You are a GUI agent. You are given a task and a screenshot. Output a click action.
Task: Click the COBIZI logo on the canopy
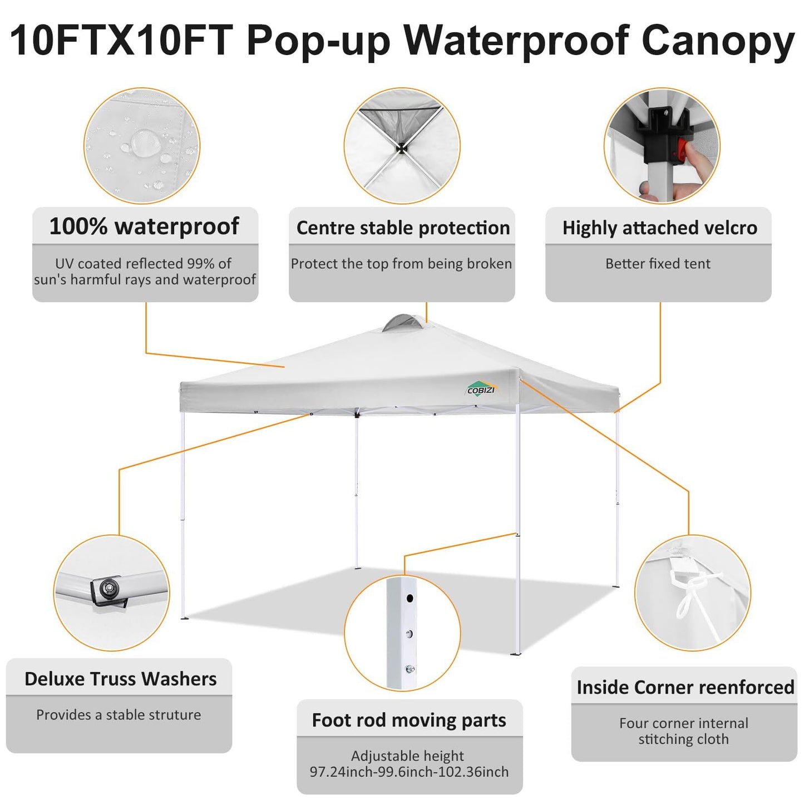click(481, 389)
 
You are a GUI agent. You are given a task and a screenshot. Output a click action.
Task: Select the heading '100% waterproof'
click(144, 226)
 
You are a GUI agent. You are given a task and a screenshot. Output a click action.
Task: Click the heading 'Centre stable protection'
click(403, 228)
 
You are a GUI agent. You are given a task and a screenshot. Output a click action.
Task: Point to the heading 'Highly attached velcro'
click(659, 228)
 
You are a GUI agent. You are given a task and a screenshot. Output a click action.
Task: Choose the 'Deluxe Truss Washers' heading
click(120, 679)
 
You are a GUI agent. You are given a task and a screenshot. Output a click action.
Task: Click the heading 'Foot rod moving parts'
click(409, 720)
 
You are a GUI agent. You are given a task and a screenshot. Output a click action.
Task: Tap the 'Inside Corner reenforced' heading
click(685, 687)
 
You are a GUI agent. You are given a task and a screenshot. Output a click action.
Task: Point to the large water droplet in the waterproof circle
click(145, 142)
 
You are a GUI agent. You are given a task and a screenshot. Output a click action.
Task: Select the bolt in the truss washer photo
click(108, 587)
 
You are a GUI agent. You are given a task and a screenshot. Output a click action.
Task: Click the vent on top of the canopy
click(399, 323)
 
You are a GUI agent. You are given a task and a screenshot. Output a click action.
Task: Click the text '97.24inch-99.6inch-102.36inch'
click(409, 772)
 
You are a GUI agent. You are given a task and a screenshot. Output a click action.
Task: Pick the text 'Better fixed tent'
click(658, 264)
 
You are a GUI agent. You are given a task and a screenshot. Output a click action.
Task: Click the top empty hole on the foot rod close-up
click(410, 599)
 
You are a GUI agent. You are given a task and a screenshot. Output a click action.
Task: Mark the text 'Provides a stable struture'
click(119, 714)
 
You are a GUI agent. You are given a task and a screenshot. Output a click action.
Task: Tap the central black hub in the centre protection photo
click(400, 148)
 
